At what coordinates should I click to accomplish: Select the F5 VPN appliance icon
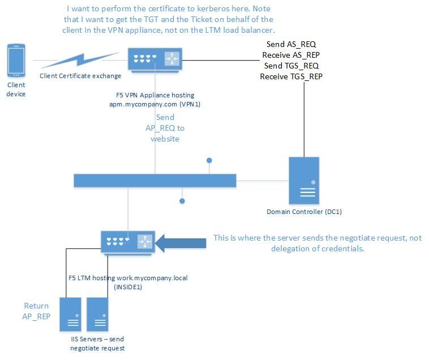pos(155,58)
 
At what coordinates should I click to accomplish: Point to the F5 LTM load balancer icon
pos(127,242)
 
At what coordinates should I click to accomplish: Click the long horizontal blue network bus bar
pos(155,180)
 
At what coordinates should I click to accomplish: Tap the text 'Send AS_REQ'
pos(291,45)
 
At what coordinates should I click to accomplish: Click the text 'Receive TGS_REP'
pos(291,76)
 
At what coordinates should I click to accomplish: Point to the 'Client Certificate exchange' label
pos(80,76)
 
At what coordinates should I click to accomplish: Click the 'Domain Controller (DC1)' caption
pos(304,212)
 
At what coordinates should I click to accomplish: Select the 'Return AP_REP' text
pos(36,311)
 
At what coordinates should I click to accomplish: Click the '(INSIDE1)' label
pos(127,287)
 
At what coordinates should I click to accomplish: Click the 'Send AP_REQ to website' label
pos(164,128)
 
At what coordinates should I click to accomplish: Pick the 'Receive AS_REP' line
pos(291,55)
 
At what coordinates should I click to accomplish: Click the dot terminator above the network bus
pos(209,161)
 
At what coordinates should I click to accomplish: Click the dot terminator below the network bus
pos(182,200)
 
